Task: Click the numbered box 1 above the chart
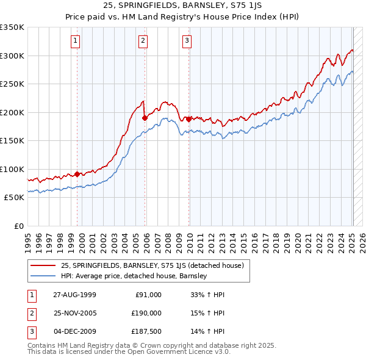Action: tap(75, 41)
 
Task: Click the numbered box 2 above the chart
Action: tap(143, 41)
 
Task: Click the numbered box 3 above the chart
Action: tap(187, 41)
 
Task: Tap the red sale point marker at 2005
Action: tap(145, 118)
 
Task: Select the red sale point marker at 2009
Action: tap(188, 119)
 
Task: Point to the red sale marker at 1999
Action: tap(77, 174)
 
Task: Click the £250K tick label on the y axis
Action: tap(12, 84)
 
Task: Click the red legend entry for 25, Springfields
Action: tap(152, 265)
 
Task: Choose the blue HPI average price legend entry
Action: tap(134, 276)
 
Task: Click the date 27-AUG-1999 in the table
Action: tap(74, 294)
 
